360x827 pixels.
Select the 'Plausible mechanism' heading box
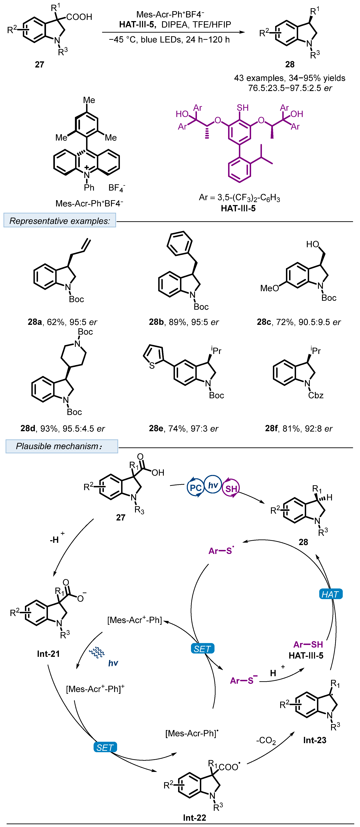click(x=62, y=446)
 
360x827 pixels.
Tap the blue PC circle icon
click(x=195, y=488)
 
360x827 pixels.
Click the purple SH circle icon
click(x=231, y=489)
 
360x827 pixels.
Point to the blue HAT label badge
click(x=331, y=594)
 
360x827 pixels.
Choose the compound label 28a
click(x=35, y=322)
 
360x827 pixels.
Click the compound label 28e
click(x=156, y=428)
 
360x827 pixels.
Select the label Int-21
click(x=48, y=654)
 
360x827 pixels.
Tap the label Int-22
click(x=194, y=817)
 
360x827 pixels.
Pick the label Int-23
click(x=315, y=740)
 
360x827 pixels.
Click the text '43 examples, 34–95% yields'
click(x=289, y=78)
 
